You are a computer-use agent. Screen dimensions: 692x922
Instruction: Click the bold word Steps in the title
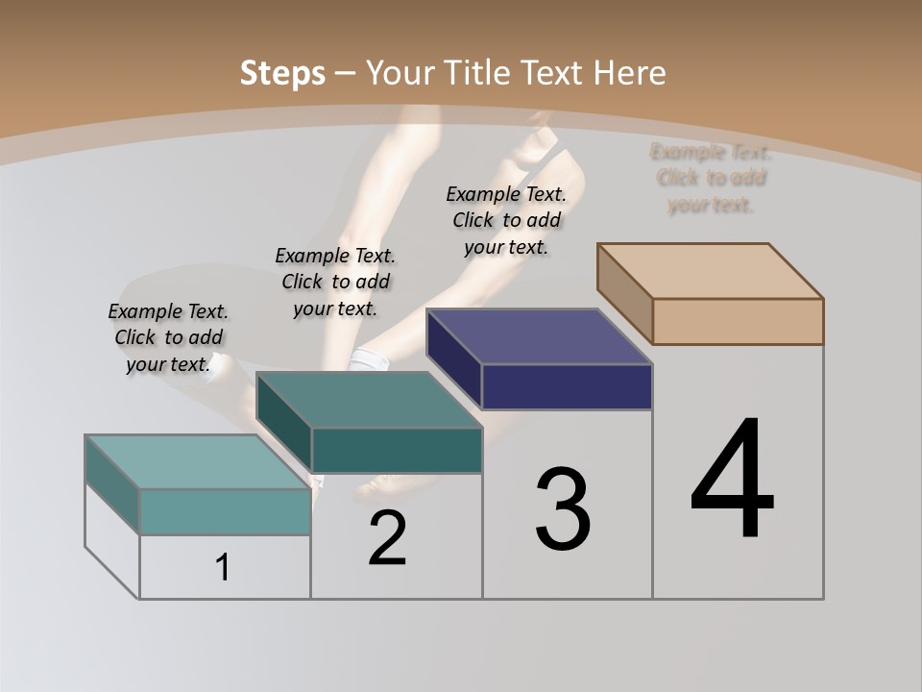[x=282, y=73]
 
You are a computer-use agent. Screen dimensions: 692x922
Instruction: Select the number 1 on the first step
[x=223, y=568]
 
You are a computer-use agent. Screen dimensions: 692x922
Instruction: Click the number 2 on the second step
[x=387, y=539]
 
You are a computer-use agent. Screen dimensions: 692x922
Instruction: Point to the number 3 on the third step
[x=563, y=509]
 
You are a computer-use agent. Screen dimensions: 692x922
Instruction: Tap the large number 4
[x=732, y=480]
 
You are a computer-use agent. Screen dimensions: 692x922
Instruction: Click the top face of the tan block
[x=711, y=271]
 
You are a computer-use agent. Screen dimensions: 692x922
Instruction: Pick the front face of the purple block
[x=567, y=386]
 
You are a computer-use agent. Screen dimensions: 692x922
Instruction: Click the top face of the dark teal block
[x=370, y=400]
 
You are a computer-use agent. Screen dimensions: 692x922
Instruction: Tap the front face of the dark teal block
[x=397, y=450]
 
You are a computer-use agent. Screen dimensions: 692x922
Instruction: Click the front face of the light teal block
[x=225, y=511]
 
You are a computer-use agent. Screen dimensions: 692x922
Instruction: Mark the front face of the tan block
[x=738, y=321]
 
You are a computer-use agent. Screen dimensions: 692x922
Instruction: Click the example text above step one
[x=168, y=337]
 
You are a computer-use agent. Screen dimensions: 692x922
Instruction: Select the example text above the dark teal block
[x=335, y=282]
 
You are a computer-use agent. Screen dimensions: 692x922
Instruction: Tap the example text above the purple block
[x=506, y=220]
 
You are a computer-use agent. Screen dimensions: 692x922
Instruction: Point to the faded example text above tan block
[x=711, y=178]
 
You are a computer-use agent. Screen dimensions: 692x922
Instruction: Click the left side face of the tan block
[x=624, y=293]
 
